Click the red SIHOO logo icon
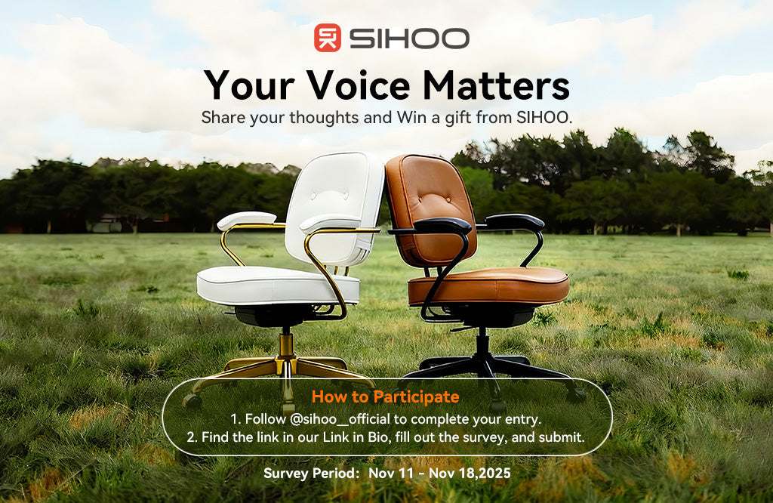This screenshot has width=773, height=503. click(327, 38)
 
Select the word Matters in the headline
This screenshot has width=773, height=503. click(496, 85)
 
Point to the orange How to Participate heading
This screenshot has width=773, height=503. click(385, 397)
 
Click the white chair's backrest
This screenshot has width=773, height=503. click(336, 196)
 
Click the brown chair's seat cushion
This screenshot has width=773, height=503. click(489, 285)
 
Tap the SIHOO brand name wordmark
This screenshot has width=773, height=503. click(408, 38)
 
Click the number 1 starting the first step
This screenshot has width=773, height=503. click(233, 418)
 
